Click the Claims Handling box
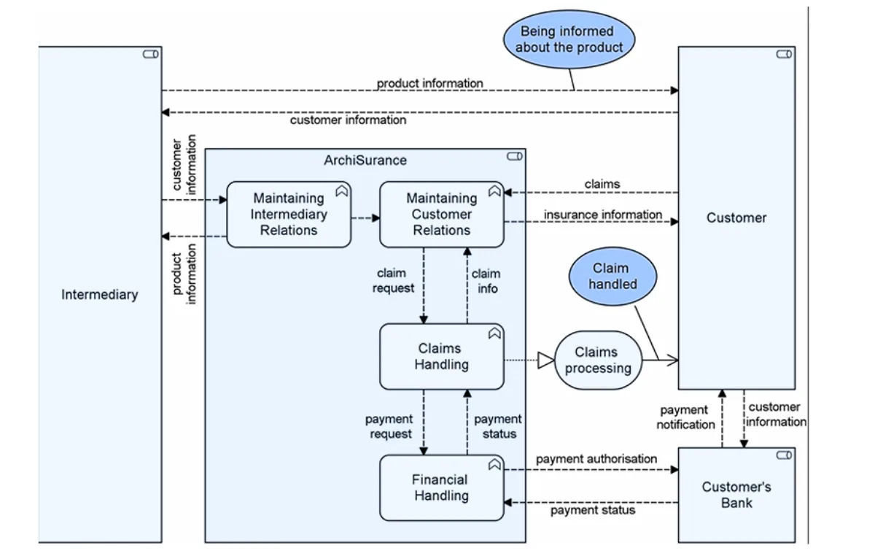point(441,356)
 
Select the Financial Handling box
point(441,488)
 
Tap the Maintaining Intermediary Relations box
point(289,215)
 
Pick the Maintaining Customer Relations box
point(441,215)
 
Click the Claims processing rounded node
point(598,361)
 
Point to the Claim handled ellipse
point(612,277)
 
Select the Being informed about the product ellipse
point(569,39)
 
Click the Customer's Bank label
point(736,495)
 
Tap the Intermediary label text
point(99,295)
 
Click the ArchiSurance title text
point(365,160)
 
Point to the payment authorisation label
point(596,459)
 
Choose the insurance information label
point(602,215)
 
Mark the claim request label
point(393,281)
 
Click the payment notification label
point(685,417)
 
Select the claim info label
point(486,281)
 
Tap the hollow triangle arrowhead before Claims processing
point(545,360)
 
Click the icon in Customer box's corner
point(784,54)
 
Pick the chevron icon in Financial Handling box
point(494,464)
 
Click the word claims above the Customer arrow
point(602,184)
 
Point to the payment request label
point(389,426)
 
